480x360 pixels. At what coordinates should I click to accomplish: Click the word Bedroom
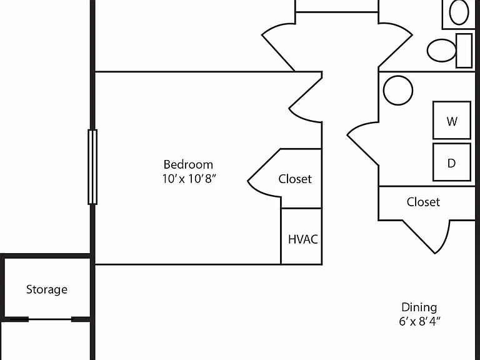coord(188,165)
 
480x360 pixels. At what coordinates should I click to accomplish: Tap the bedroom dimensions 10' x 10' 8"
coord(189,179)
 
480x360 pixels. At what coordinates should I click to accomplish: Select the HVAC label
coord(302,239)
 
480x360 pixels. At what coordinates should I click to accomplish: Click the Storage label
coord(47,289)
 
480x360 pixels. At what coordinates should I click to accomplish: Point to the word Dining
coord(419,307)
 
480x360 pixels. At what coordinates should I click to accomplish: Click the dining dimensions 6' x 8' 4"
coord(420,321)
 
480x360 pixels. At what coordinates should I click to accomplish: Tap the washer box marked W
coord(452,120)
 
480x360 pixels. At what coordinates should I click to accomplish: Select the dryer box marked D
coord(452,162)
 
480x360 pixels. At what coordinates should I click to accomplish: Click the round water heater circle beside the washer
coord(398,90)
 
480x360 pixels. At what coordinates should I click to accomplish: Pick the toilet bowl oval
coord(441,51)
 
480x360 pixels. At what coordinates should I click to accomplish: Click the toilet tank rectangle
coord(464,51)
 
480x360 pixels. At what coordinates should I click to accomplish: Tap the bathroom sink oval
coord(459,12)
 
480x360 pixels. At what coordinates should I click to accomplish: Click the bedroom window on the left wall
coord(92,167)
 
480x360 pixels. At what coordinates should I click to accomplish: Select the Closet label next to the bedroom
coord(295,179)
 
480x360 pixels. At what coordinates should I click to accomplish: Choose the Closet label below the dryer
coord(423,202)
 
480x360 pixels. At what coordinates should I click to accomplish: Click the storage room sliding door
coord(50,319)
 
